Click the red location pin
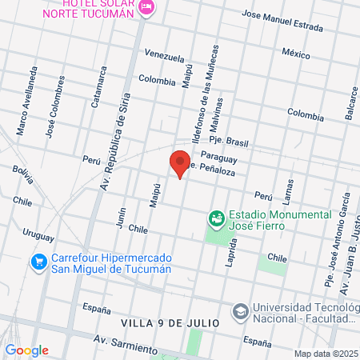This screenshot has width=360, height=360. [180, 163]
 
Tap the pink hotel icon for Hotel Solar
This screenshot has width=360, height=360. [146, 7]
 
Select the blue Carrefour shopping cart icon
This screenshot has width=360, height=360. [38, 262]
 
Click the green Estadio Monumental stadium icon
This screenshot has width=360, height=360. [215, 217]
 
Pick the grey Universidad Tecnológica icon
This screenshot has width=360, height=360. [239, 310]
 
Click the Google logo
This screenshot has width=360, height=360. [26, 350]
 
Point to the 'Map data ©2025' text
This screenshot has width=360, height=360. [325, 354]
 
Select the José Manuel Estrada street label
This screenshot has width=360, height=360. [274, 22]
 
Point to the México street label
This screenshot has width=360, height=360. [295, 54]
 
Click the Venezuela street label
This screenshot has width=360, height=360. [165, 57]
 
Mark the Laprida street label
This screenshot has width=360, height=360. [230, 252]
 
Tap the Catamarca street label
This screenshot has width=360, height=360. [100, 87]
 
